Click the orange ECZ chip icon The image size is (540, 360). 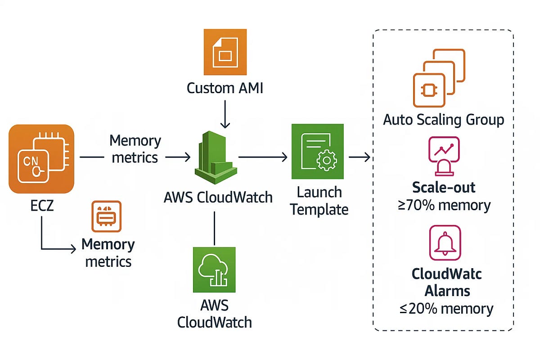41,159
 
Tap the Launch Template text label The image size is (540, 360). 319,201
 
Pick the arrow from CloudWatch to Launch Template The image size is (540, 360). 263,157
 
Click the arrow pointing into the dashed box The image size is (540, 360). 360,157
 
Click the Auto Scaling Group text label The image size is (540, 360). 443,120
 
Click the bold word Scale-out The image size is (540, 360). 444,188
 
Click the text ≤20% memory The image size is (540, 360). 446,309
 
